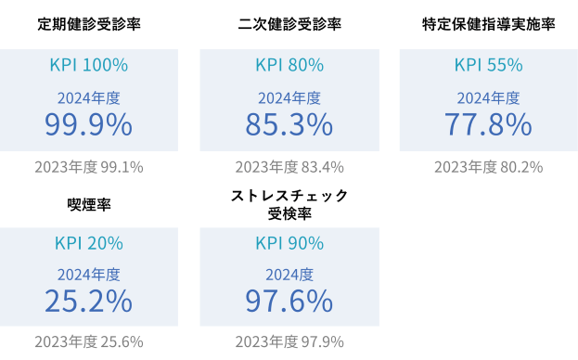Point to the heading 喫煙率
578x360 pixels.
pos(89,204)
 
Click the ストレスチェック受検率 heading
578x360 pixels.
pos(289,204)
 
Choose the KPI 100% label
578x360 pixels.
pos(89,65)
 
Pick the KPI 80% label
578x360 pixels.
pos(289,65)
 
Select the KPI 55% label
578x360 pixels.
pos(488,65)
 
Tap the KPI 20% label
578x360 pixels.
pos(89,243)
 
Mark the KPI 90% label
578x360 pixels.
pos(289,243)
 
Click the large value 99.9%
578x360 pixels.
pos(89,123)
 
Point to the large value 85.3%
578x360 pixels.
pos(289,123)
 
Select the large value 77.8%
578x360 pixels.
pos(488,123)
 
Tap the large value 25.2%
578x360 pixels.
pos(89,301)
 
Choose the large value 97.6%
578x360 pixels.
pos(289,301)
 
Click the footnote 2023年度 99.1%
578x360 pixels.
pos(89,167)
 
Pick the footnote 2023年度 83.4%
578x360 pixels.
pos(289,167)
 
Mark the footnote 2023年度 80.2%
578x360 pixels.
pos(488,167)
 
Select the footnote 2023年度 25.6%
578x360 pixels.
pos(89,341)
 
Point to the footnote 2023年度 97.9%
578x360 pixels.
pos(289,341)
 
